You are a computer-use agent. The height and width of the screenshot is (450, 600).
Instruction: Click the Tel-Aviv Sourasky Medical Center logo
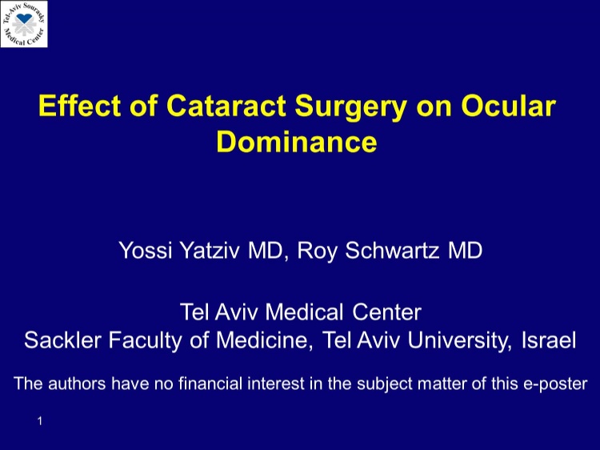24,24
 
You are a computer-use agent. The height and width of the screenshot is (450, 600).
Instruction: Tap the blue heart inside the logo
25,18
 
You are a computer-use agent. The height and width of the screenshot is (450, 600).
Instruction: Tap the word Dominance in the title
297,142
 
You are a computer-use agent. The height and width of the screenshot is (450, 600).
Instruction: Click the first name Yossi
145,251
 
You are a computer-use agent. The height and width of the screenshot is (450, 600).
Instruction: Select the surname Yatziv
210,251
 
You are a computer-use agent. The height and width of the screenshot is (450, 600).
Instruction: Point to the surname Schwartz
392,251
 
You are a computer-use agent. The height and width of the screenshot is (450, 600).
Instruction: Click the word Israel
549,340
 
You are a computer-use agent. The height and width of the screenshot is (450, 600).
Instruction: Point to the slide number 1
40,421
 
